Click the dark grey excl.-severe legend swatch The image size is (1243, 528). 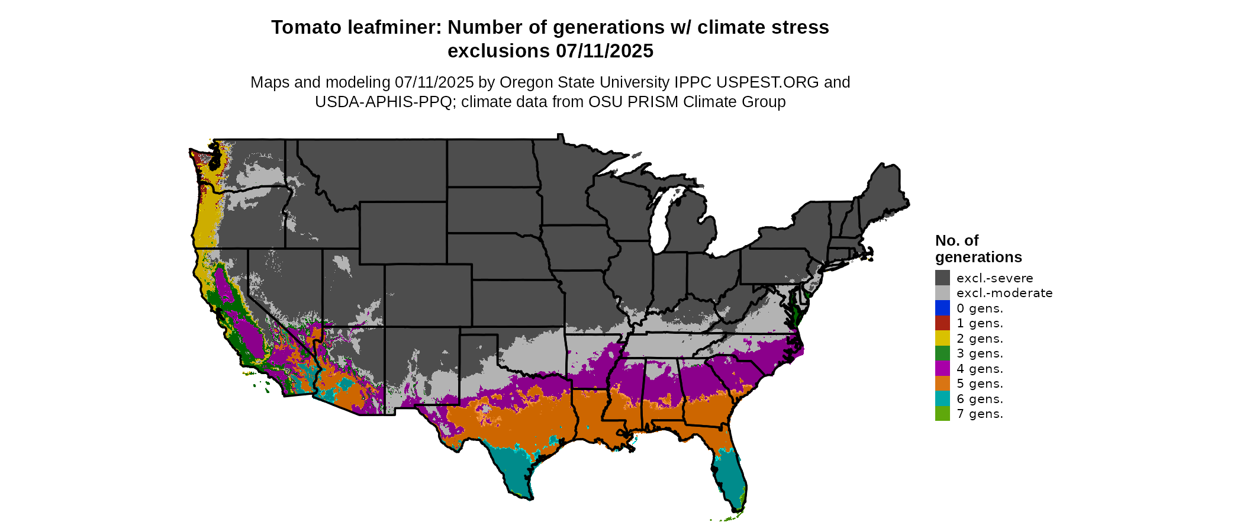point(942,278)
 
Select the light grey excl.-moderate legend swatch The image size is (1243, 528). point(942,293)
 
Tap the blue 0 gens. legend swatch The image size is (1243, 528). point(942,308)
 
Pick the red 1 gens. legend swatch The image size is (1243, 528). point(942,323)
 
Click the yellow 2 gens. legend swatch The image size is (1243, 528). point(942,338)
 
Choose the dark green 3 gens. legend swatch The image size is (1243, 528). point(942,353)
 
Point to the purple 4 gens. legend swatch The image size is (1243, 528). point(942,368)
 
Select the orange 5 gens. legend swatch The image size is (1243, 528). point(942,384)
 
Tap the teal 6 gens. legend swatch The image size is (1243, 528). point(942,398)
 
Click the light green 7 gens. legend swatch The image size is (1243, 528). point(942,414)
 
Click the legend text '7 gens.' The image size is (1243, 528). point(980,414)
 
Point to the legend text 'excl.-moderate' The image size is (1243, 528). point(1004,293)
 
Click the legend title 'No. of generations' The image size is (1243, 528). point(978,249)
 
